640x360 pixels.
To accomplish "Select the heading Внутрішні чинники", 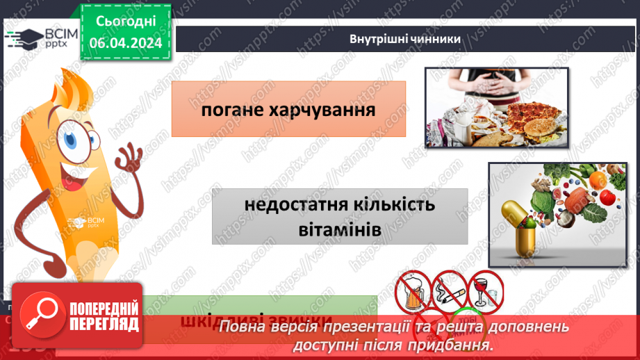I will coord(405,39).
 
